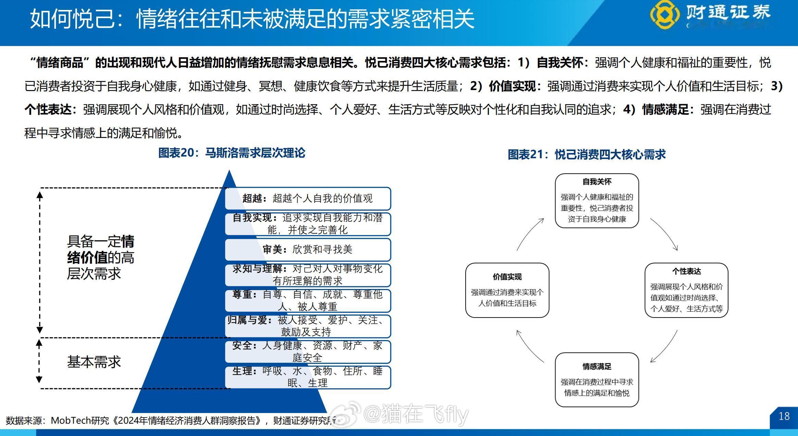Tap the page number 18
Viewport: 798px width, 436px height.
coord(784,416)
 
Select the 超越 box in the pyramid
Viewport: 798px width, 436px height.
coord(308,198)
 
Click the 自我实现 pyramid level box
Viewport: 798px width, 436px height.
coord(308,224)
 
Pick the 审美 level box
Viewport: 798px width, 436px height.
coord(308,249)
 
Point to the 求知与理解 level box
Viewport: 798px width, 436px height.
coord(308,275)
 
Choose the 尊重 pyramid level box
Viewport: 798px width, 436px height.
coord(308,300)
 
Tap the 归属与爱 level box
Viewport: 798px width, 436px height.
coord(308,326)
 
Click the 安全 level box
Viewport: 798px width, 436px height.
coord(308,351)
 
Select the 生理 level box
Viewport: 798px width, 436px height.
coord(308,377)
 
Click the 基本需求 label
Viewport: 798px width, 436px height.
coord(94,362)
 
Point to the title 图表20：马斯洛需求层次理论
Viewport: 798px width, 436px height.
coord(232,153)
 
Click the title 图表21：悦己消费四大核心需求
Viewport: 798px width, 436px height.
coord(586,154)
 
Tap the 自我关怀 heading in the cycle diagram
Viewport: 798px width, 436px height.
coord(597,182)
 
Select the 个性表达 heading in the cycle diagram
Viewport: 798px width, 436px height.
coord(686,271)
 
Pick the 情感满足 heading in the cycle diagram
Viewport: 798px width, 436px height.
coord(597,366)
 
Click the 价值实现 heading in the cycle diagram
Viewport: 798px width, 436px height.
coord(507,277)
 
